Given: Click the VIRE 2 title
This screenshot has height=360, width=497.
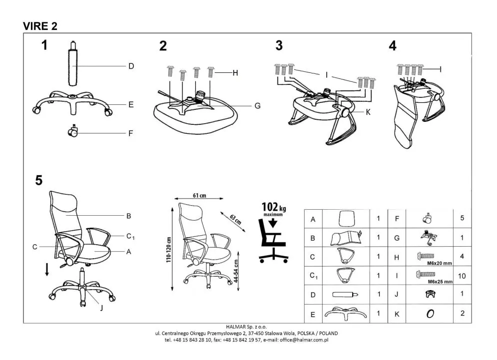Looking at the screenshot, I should click(x=40, y=26).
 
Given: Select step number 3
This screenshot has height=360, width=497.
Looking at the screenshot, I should click(x=279, y=45).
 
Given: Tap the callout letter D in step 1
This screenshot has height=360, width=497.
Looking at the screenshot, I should click(x=131, y=66).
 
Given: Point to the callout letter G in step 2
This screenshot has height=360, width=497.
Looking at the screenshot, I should click(x=257, y=106).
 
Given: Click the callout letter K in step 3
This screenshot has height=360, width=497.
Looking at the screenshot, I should click(x=368, y=112).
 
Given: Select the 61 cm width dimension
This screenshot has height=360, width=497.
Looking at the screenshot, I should click(x=199, y=195).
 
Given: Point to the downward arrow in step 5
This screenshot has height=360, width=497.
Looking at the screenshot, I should click(x=47, y=270).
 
